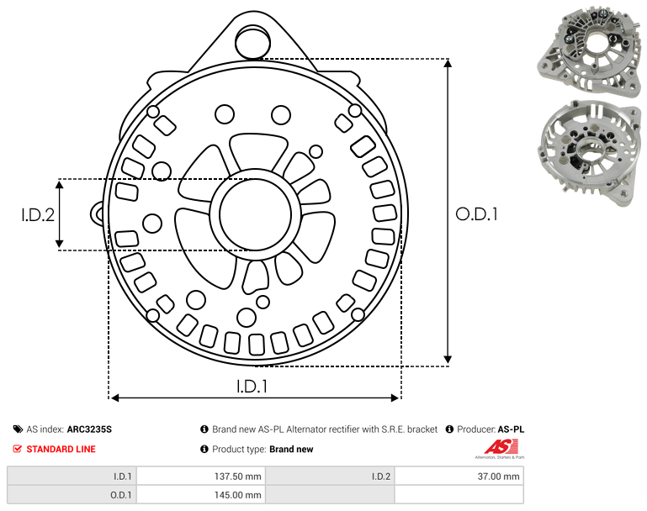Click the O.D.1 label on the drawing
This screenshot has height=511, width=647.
tap(476, 214)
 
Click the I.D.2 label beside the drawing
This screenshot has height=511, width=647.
tap(38, 215)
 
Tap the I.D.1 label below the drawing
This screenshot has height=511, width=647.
tap(252, 387)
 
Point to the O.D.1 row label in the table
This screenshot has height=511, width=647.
tap(121, 495)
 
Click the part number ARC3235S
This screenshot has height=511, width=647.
tap(89, 429)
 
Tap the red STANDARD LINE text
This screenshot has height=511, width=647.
tap(61, 449)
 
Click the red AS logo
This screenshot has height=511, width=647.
tap(501, 447)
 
